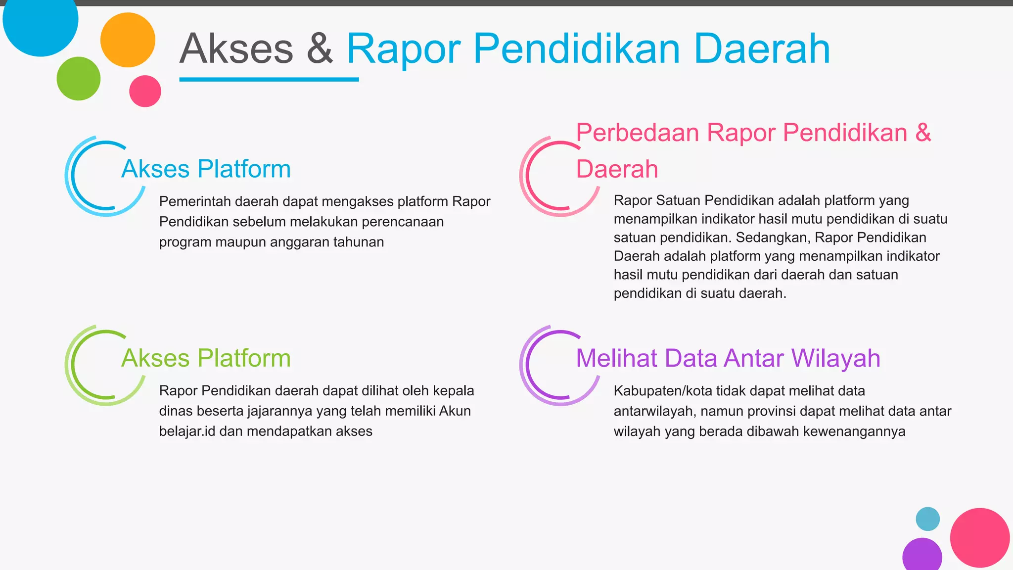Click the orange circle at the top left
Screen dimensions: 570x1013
[128, 40]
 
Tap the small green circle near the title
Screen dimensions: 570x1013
[78, 79]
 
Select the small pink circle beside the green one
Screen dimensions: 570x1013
[145, 91]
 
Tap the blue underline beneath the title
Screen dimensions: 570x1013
[269, 79]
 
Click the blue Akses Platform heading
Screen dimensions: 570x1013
[206, 169]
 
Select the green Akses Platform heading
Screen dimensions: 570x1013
[206, 358]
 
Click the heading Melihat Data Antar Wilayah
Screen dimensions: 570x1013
[728, 358]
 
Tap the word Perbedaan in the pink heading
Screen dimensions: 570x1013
[637, 133]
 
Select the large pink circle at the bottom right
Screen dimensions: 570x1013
[979, 537]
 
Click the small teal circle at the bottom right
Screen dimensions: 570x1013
[927, 519]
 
